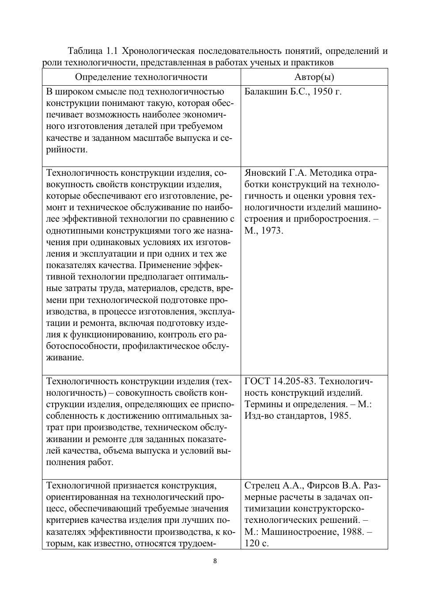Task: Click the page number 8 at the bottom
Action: click(215, 561)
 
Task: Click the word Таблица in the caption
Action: click(85, 51)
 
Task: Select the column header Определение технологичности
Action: click(141, 77)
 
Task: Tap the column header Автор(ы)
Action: click(314, 77)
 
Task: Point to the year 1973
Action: click(272, 231)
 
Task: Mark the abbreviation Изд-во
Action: click(258, 416)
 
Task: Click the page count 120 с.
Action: click(257, 543)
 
